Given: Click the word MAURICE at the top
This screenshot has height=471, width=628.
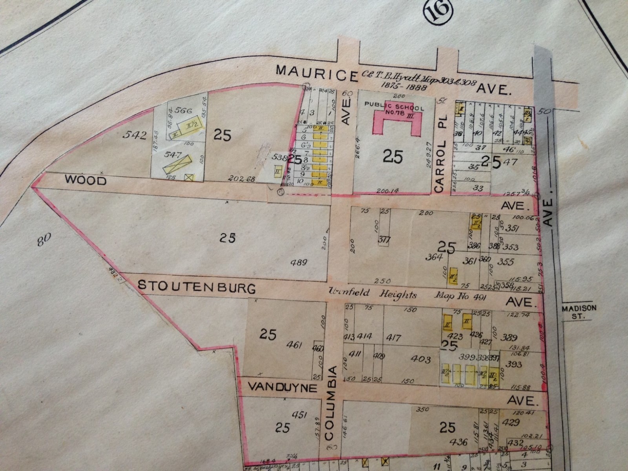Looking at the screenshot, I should click(x=317, y=71).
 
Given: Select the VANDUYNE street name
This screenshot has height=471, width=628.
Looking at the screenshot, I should click(x=282, y=388).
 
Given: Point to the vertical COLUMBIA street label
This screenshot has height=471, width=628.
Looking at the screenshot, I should click(x=332, y=408).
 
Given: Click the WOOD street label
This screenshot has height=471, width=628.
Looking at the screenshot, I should click(x=86, y=181).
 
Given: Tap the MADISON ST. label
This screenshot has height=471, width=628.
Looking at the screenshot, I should click(x=579, y=312).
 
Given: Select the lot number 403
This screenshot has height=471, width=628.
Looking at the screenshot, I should click(x=422, y=359).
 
